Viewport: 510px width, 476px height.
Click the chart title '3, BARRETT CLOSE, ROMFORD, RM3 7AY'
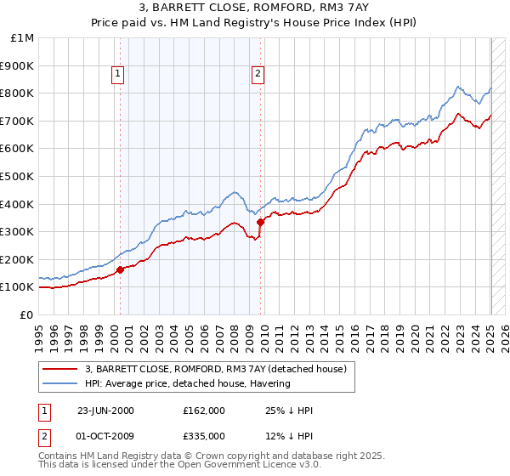click(255, 8)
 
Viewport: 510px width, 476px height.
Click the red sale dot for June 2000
click(120, 269)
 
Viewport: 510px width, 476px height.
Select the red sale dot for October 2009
click(260, 222)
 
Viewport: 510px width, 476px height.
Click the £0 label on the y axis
click(27, 314)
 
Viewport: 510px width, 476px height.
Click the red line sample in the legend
click(60, 370)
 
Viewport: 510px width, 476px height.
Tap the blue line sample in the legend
click(60, 384)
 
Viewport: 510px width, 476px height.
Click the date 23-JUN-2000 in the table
click(105, 411)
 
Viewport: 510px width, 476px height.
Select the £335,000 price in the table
click(204, 436)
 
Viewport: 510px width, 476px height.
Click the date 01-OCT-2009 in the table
click(105, 436)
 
